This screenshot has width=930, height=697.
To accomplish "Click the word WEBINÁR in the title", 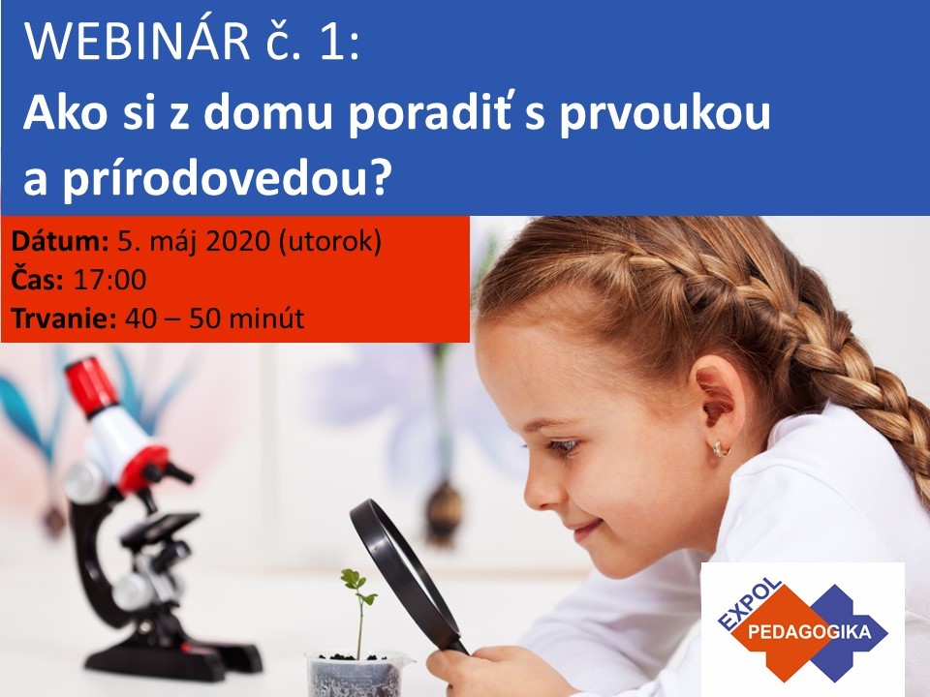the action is coord(137,42).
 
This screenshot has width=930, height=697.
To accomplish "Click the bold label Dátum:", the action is coord(60,241).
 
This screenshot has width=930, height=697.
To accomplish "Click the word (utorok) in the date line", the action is coord(329,242).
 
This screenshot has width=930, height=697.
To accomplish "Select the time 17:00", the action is coord(109,280).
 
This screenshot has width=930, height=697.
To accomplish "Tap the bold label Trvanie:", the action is coord(64,318).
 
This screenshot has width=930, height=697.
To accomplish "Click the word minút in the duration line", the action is coord(266,318).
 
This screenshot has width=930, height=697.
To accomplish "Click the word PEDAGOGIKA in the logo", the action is coord(810,632).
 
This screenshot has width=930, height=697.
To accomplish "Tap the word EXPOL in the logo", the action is coord(750,603).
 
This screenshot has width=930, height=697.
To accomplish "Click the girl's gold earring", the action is coord(720,448).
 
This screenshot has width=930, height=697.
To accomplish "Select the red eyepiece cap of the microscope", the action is coord(91,386).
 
